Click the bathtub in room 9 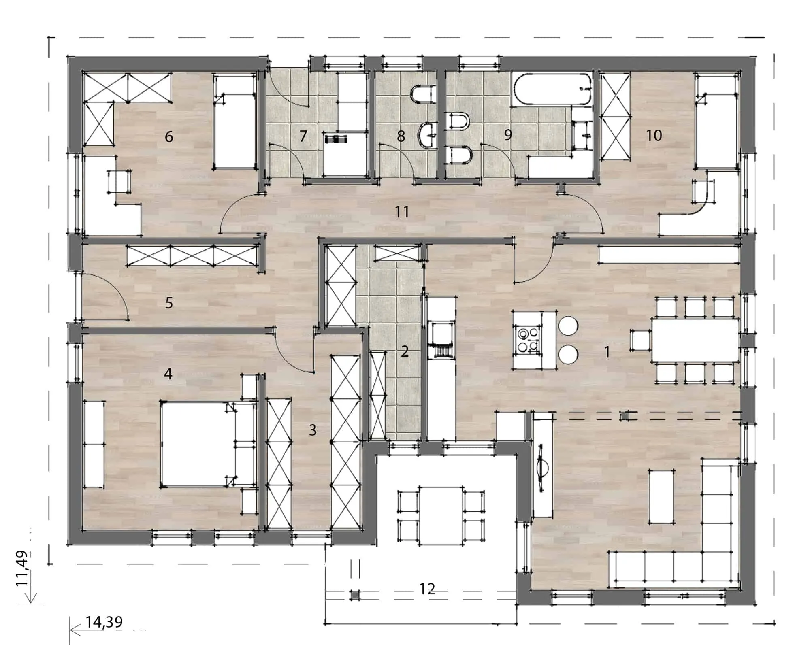pyautogui.click(x=552, y=89)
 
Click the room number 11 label pyautogui.click(x=402, y=212)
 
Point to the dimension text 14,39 pyautogui.click(x=104, y=621)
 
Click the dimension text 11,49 pyautogui.click(x=21, y=567)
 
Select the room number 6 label pyautogui.click(x=169, y=136)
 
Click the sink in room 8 pyautogui.click(x=427, y=134)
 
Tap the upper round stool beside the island pyautogui.click(x=568, y=325)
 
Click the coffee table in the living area pyautogui.click(x=662, y=496)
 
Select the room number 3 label pyautogui.click(x=313, y=430)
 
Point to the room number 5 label pyautogui.click(x=169, y=302)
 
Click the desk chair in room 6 pyautogui.click(x=119, y=182)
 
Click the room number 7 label pyautogui.click(x=303, y=136)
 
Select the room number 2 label pyautogui.click(x=405, y=351)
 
